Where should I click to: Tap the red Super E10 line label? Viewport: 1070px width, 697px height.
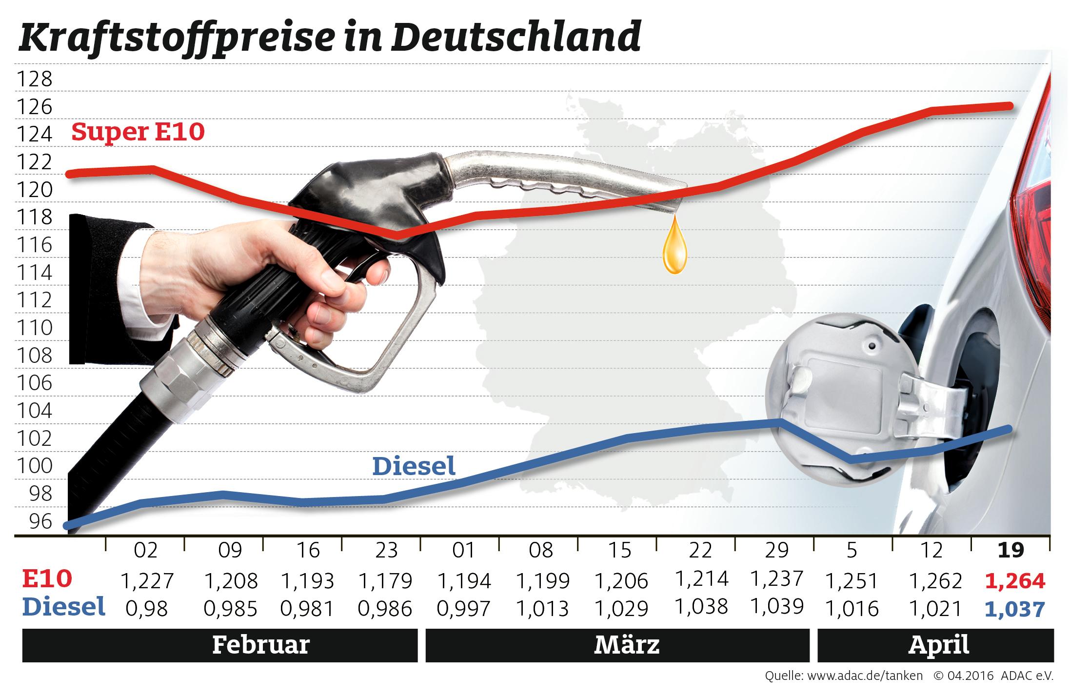138,132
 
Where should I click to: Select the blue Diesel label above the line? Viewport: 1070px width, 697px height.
414,466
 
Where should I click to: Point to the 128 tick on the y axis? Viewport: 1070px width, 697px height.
34,79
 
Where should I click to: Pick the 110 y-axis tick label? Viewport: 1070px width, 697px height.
34,328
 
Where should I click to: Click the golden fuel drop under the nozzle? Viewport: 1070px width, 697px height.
674,249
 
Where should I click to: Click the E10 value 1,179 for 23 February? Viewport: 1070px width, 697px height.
385,581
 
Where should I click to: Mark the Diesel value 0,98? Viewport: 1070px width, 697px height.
146,609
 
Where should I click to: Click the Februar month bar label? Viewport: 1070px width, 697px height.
261,645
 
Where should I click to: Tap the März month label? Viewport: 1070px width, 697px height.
627,645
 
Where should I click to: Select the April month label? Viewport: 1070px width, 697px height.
939,645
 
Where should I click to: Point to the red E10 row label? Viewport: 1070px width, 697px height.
47,579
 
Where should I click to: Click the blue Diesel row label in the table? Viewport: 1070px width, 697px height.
64,607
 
